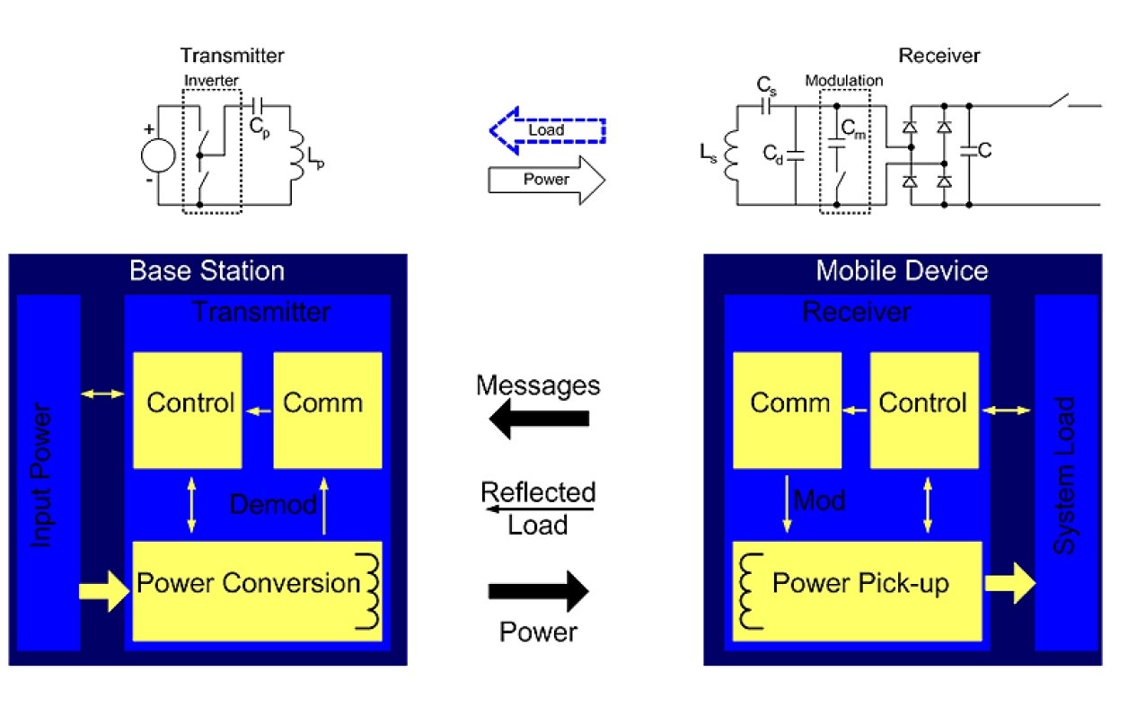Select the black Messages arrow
[542, 419]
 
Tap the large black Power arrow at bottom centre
[538, 591]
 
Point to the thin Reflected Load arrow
[538, 509]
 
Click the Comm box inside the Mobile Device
[788, 409]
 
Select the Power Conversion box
[257, 590]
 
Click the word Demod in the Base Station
[273, 504]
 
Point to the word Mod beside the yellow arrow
[819, 500]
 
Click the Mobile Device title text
[902, 270]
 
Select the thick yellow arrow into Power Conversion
[103, 591]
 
